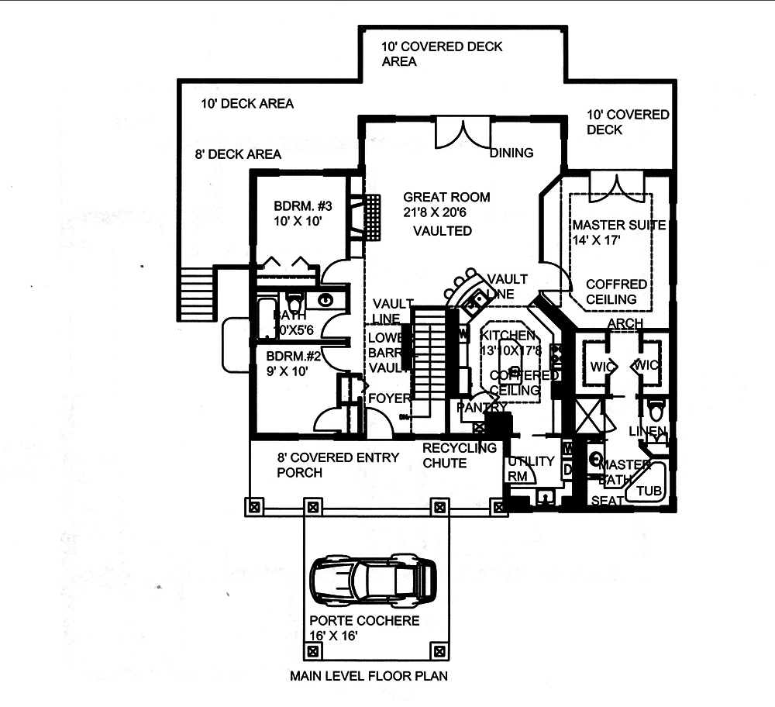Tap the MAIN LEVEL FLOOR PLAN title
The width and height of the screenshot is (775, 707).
click(368, 675)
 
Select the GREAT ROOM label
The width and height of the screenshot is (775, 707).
click(446, 197)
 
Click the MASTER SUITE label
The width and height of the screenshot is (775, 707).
click(619, 225)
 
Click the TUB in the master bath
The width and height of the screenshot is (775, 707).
click(649, 491)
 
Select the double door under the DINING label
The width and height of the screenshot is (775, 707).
click(463, 133)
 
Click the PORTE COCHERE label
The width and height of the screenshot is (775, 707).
click(364, 621)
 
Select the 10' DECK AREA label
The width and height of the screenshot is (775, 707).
click(247, 103)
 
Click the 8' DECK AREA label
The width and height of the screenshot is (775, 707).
click(238, 154)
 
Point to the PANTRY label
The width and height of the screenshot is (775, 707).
click(481, 407)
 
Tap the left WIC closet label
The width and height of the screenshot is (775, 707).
click(601, 364)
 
